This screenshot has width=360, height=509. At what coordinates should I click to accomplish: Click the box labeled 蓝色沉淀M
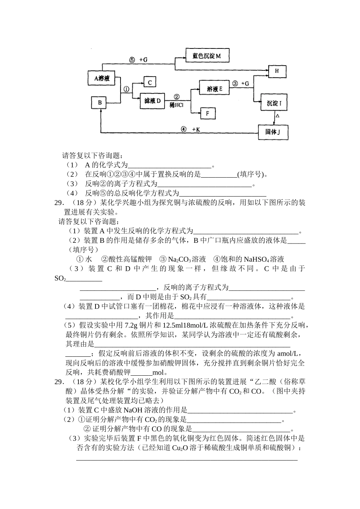pos(207,56)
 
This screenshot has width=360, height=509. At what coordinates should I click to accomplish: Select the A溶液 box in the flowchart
pos(102,78)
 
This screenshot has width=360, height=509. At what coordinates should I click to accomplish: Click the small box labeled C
pos(149,82)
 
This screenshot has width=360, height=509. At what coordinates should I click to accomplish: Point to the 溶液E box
pos(214,89)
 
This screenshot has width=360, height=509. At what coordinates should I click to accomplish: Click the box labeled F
pos(207,113)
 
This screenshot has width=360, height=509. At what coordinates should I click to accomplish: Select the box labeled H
pos(277,71)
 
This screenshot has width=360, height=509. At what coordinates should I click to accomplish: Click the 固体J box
pos(273,132)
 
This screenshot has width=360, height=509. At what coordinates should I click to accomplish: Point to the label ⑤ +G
pos(138,59)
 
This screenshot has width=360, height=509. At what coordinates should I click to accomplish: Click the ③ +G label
pos(241,83)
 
